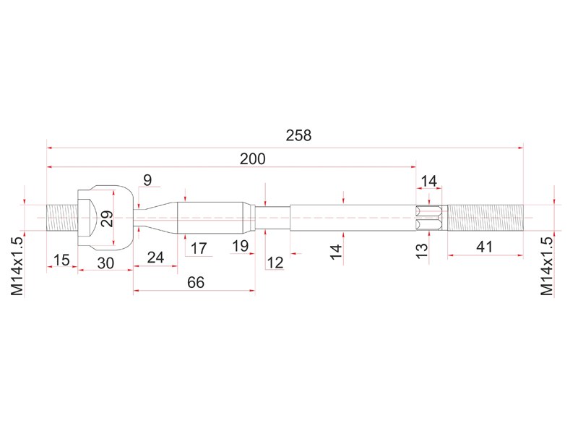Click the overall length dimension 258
[298, 135]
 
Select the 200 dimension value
[252, 159]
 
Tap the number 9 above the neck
[147, 180]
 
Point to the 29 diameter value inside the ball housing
[106, 218]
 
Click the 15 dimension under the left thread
[61, 260]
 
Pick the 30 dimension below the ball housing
[105, 263]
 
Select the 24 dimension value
[155, 258]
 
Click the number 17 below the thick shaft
[199, 248]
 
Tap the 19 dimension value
[241, 246]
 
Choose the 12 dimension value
[275, 263]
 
